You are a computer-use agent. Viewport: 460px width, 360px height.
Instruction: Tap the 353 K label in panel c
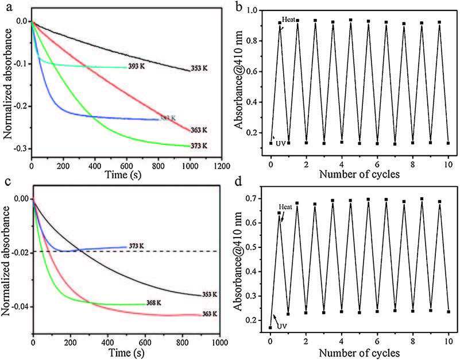click(211, 294)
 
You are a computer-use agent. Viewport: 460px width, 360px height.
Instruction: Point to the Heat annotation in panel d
click(287, 206)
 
